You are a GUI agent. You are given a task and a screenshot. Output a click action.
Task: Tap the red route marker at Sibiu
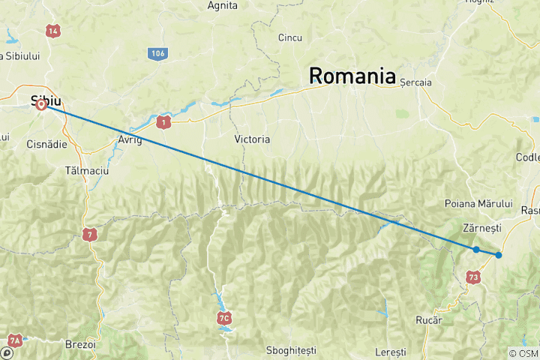tap(42, 106)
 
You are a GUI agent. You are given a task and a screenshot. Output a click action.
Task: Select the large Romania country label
tap(352, 76)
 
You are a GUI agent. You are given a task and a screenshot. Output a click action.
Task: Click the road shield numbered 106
tap(157, 53)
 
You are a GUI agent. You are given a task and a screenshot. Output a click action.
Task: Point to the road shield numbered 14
tap(52, 31)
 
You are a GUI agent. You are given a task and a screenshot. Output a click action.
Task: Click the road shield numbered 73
tap(472, 277)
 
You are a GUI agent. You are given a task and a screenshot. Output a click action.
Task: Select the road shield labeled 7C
tap(223, 319)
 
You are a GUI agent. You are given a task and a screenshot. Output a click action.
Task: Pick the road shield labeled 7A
tap(15, 340)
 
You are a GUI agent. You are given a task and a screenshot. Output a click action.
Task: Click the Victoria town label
tap(252, 139)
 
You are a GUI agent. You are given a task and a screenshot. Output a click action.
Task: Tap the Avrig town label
tap(130, 140)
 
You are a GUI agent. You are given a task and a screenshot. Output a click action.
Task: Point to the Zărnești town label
tap(482, 227)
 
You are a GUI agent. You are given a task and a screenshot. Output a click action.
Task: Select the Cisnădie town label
tap(46, 144)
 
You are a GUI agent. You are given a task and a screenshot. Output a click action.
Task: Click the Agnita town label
tap(223, 6)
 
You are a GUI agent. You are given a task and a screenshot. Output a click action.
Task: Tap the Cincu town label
tap(290, 37)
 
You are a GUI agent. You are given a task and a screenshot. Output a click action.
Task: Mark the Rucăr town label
tap(429, 320)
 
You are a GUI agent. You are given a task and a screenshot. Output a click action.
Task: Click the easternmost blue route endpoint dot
tap(499, 255)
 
